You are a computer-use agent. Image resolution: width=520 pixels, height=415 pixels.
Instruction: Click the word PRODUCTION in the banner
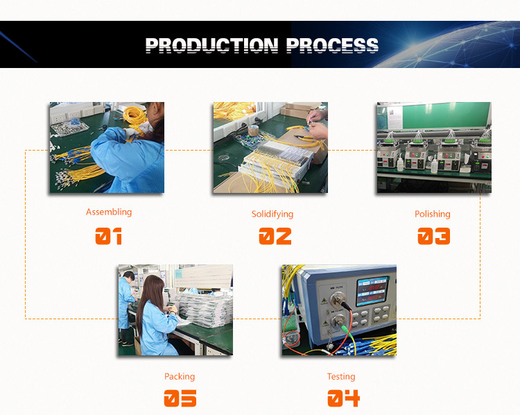(x=211, y=46)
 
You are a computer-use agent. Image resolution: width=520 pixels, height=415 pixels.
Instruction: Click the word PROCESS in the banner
(x=332, y=46)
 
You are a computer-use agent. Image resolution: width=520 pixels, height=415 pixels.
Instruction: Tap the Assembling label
(x=109, y=212)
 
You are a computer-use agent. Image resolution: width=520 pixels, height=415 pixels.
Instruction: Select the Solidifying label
(x=272, y=214)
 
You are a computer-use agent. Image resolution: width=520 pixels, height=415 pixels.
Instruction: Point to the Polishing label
(x=433, y=214)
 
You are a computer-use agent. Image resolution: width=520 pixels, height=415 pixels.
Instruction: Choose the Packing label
(x=180, y=377)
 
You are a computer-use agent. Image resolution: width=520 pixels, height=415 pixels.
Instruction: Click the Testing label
(x=341, y=377)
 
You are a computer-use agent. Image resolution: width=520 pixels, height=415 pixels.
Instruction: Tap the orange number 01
(x=108, y=236)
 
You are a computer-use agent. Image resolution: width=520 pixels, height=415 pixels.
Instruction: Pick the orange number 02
(x=275, y=236)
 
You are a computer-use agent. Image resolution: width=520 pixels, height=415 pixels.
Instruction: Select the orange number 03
(x=434, y=236)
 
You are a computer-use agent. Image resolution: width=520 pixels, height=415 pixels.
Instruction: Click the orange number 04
(x=344, y=398)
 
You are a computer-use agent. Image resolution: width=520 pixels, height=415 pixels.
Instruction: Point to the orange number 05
(x=180, y=398)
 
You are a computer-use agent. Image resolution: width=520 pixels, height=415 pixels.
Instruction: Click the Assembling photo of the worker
(x=107, y=147)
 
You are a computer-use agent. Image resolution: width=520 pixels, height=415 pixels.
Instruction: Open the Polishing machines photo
(x=434, y=147)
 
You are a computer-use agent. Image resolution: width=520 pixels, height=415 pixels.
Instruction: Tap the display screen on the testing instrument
(x=372, y=291)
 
